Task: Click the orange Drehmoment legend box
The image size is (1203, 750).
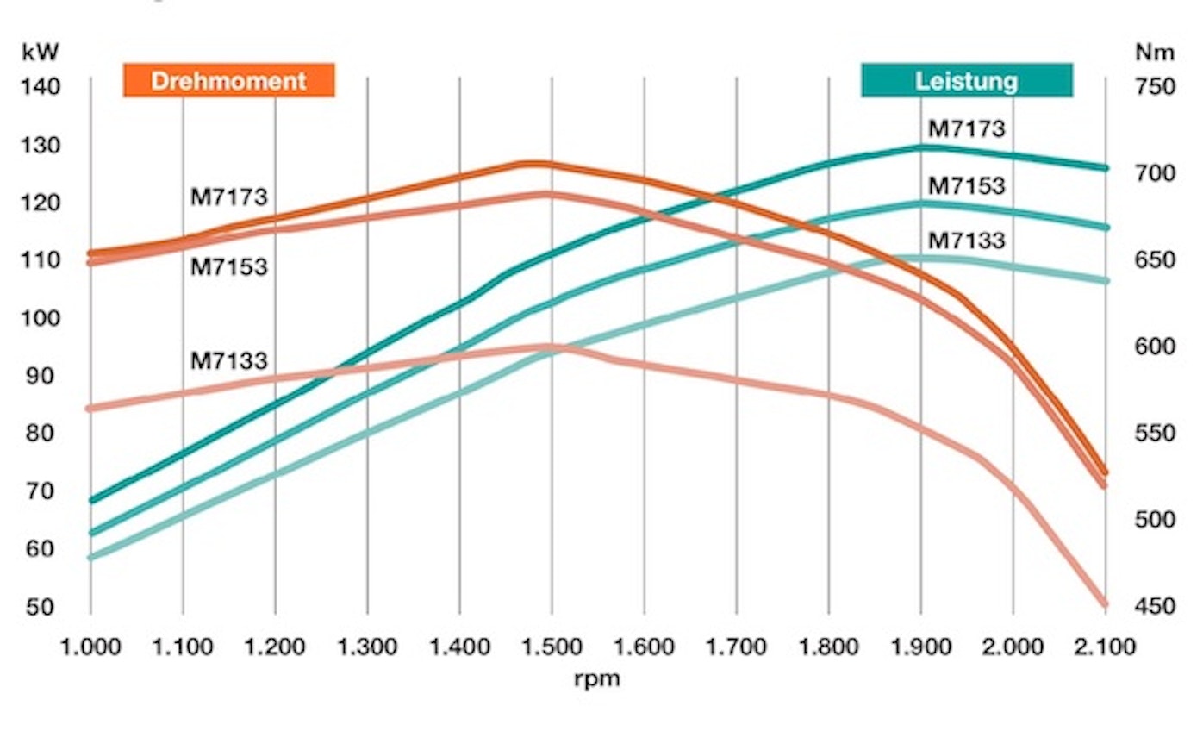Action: click(228, 80)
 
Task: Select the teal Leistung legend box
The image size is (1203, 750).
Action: click(967, 80)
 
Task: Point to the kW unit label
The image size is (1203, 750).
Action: click(41, 52)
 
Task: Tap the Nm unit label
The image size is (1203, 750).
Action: click(1154, 52)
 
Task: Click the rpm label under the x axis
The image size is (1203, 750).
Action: click(596, 678)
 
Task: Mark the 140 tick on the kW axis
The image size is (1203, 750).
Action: click(41, 86)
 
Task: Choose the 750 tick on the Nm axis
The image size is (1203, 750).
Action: click(1154, 86)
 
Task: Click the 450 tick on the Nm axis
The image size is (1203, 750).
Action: click(1154, 607)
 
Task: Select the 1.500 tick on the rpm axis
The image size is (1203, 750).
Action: click(552, 646)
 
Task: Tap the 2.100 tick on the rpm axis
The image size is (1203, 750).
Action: click(1105, 646)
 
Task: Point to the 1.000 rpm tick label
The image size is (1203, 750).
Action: click(90, 646)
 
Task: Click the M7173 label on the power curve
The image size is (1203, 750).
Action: click(966, 128)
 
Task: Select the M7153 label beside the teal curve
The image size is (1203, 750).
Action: click(966, 185)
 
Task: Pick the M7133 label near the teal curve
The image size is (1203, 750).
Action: click(966, 240)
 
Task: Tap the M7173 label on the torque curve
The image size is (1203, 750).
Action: click(228, 197)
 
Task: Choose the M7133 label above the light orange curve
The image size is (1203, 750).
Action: click(228, 359)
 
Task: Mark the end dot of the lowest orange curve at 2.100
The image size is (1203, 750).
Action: click(1105, 604)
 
